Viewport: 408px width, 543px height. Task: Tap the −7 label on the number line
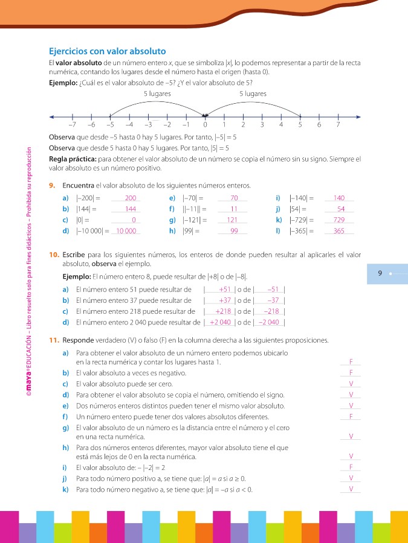(x=72, y=125)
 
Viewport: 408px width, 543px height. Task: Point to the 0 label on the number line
(x=205, y=125)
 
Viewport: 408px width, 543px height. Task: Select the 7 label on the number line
(x=338, y=125)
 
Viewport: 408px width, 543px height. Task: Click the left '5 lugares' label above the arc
(x=157, y=94)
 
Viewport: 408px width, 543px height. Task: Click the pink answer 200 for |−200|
(x=131, y=198)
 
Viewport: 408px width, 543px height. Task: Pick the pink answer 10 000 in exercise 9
(x=127, y=231)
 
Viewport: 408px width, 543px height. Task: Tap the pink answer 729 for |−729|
(x=338, y=220)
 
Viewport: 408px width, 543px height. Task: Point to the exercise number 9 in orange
(x=53, y=185)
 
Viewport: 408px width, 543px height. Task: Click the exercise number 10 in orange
(x=54, y=255)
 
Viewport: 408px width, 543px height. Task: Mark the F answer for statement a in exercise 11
(x=351, y=362)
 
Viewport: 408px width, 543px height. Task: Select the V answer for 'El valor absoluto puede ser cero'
(x=351, y=384)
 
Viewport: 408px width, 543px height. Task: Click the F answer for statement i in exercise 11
(x=351, y=468)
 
